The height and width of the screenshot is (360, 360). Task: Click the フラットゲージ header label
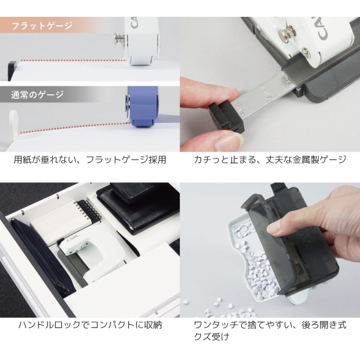(42, 26)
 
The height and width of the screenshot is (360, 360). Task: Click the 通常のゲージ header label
(37, 95)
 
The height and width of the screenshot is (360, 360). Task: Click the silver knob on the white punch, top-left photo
(120, 39)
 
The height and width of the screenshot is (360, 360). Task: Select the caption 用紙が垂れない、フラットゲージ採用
(90, 160)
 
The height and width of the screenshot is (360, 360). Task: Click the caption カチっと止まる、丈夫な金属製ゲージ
(270, 160)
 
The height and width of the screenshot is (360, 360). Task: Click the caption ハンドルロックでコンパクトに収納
(90, 325)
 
